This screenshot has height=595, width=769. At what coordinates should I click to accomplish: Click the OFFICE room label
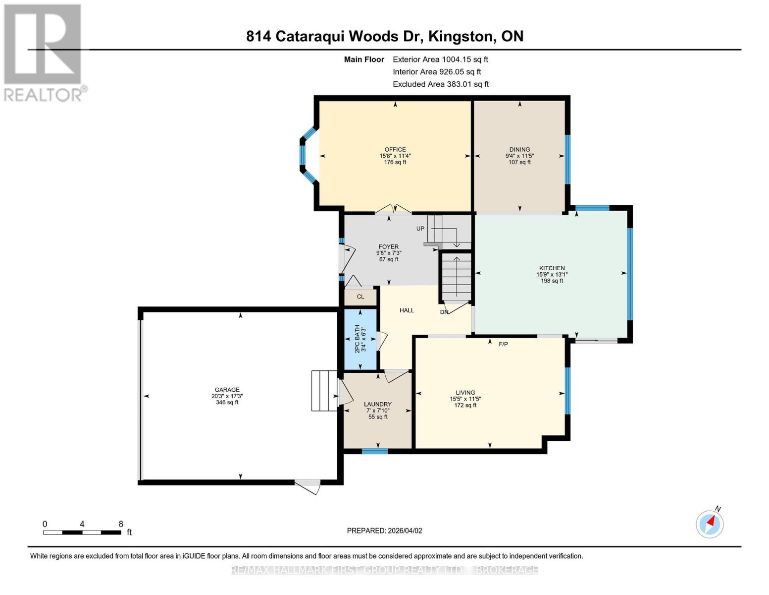click(395, 150)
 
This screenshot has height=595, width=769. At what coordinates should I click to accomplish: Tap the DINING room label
click(519, 150)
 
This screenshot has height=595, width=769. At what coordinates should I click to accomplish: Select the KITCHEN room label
click(552, 268)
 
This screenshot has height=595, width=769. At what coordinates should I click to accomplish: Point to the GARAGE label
click(227, 389)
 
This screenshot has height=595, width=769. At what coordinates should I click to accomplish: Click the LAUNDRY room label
click(378, 404)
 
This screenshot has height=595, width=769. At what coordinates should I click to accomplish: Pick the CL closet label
click(360, 297)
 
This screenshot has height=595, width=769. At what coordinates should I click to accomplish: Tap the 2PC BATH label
click(357, 339)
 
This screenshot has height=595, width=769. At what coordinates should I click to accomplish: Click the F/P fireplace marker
click(503, 344)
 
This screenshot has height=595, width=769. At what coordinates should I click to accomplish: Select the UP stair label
click(420, 229)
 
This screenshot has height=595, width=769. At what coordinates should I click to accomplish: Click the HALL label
click(407, 310)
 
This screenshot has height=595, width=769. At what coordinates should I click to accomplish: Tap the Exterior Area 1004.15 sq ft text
click(440, 59)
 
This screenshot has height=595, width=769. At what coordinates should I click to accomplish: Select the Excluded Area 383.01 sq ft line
click(441, 84)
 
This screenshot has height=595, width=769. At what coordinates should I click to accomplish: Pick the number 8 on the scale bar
click(121, 524)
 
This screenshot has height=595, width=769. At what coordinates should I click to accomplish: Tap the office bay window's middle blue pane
click(303, 155)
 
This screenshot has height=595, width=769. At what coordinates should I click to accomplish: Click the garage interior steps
click(324, 391)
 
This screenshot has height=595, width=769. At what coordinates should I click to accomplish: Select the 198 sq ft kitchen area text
click(552, 281)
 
